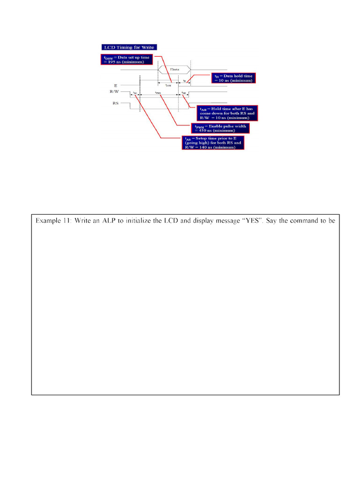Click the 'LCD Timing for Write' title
(x=128, y=47)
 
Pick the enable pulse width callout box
(x=220, y=128)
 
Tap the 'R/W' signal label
(x=110, y=92)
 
